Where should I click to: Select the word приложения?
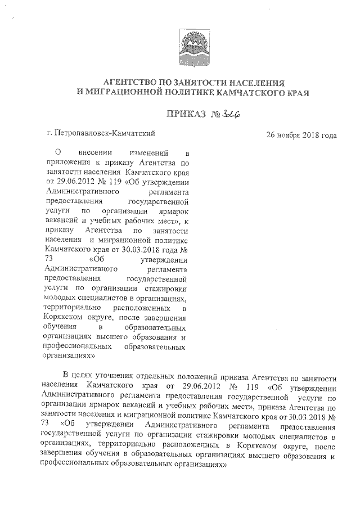point(66,162)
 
